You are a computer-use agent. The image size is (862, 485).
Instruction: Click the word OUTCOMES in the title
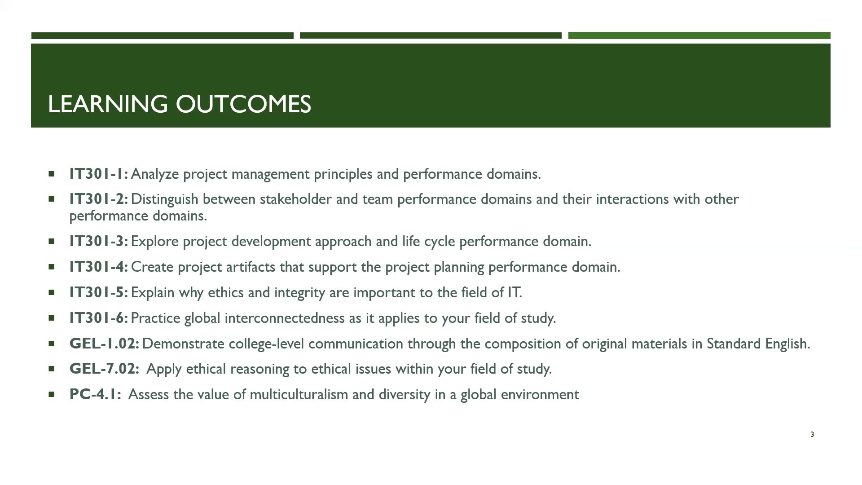tap(243, 104)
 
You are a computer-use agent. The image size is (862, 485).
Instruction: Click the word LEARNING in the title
tap(107, 104)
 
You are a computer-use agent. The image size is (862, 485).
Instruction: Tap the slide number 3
tap(812, 434)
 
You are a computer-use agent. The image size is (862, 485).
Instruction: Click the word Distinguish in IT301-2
tap(164, 199)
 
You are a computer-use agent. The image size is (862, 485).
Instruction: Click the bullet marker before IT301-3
tap(51, 241)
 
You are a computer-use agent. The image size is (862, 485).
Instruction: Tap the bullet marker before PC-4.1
tap(51, 394)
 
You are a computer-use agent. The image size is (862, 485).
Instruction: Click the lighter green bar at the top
tap(699, 35)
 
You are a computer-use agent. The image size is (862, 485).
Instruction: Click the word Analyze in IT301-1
tap(154, 174)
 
